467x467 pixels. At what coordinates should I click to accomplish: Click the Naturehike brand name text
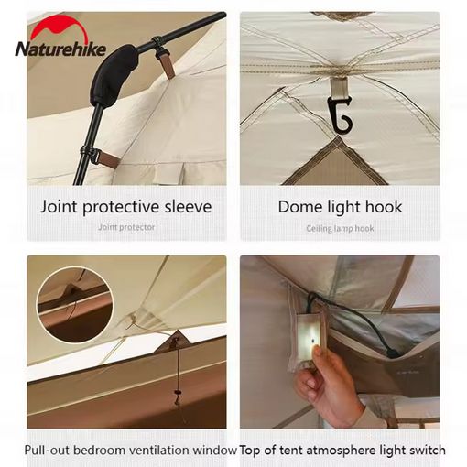[x=60, y=49]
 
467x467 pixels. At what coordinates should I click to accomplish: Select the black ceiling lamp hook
[x=341, y=115]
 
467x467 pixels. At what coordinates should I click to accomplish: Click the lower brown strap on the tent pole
[x=106, y=158]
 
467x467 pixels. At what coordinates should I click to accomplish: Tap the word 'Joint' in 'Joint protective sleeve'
[x=59, y=207]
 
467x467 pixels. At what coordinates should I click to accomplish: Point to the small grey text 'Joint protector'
[x=126, y=227]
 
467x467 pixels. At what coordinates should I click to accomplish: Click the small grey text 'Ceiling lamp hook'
[x=340, y=228]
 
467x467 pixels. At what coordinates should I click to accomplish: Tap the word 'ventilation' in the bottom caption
[x=161, y=450]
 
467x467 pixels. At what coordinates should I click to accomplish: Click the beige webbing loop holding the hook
[x=339, y=86]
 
